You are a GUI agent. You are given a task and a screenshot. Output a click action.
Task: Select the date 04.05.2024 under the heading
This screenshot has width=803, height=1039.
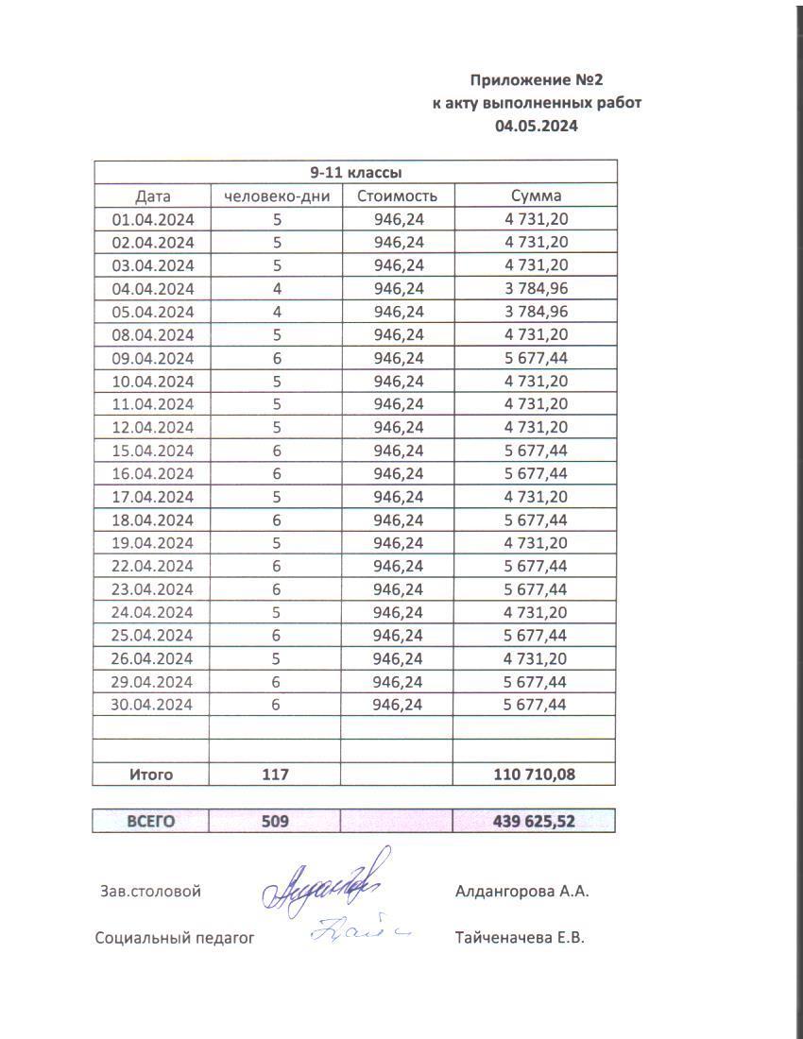pos(537,125)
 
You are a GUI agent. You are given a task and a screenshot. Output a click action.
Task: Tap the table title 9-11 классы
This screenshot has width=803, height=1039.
pos(356,173)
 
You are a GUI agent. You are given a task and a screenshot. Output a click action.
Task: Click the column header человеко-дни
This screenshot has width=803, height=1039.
pos(275,196)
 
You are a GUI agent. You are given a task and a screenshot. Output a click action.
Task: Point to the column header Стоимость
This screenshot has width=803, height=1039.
pos(398,196)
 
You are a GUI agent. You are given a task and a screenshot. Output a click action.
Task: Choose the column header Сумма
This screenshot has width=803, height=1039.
pos(536,196)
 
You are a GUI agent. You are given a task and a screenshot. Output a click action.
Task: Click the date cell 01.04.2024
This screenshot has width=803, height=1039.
pos(153,219)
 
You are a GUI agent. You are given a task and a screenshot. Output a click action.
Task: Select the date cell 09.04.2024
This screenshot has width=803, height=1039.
pos(153,358)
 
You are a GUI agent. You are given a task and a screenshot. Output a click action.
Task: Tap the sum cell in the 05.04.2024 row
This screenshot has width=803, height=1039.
pos(536,312)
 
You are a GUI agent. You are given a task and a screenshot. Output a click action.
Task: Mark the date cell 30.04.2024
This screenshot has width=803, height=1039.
pos(153,705)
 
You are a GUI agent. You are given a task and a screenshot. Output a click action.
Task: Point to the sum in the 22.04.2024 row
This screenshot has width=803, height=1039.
pos(536,566)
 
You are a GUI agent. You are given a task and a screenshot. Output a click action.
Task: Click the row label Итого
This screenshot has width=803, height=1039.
pos(151,775)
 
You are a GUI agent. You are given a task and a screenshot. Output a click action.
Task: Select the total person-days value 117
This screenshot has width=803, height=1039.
pos(275,775)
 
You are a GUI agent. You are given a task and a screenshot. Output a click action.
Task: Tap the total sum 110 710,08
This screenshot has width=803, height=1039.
pos(535,775)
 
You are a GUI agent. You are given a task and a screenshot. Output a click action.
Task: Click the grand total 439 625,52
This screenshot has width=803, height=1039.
pos(534,822)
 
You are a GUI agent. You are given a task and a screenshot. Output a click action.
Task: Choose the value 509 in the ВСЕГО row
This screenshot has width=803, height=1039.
pos(275,822)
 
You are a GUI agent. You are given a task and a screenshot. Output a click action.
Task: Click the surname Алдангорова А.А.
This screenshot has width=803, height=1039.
pos(521,891)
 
